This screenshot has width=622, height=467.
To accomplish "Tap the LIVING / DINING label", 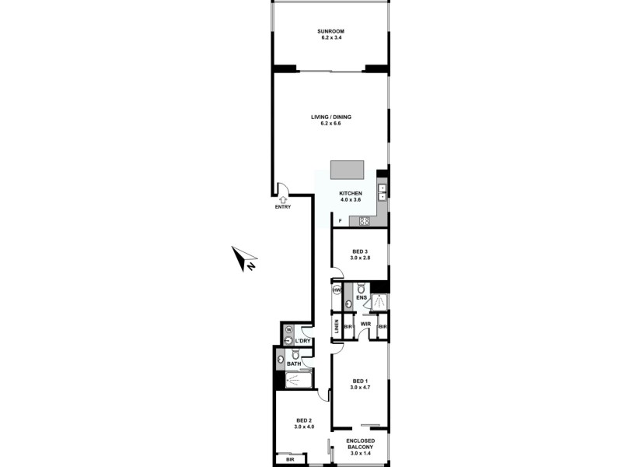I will coord(331,118).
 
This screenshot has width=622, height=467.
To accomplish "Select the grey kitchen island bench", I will coord(347,170).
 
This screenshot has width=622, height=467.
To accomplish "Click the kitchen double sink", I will coord(383,191).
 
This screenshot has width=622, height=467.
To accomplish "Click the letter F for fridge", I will coord(339,221).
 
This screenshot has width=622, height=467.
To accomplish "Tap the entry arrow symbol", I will coord(282,199).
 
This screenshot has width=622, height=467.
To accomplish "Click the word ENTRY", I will coord(282,208).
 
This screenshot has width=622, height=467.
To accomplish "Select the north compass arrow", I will coord(246,258).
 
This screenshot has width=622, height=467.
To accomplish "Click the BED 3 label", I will coord(359,251).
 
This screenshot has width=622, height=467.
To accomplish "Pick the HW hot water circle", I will coord(337,290).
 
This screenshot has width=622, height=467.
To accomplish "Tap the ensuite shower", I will coord(380,301).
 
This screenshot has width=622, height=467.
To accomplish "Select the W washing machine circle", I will coord(288,329).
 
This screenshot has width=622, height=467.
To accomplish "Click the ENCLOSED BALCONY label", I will coord(360,445).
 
